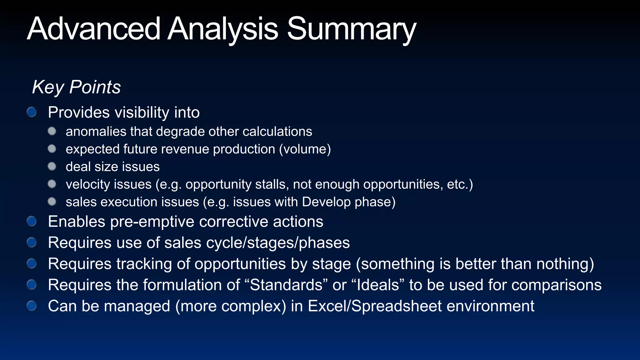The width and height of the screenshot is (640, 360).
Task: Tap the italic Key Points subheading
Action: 76,87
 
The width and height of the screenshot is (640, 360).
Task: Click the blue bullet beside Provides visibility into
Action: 32,112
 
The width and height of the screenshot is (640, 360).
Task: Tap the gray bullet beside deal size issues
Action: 52,166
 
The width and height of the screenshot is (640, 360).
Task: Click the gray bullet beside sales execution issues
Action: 52,202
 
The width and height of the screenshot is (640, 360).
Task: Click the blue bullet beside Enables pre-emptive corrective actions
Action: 32,221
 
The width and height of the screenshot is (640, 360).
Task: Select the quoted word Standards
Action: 286,285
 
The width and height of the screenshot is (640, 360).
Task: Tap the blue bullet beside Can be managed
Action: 32,306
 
